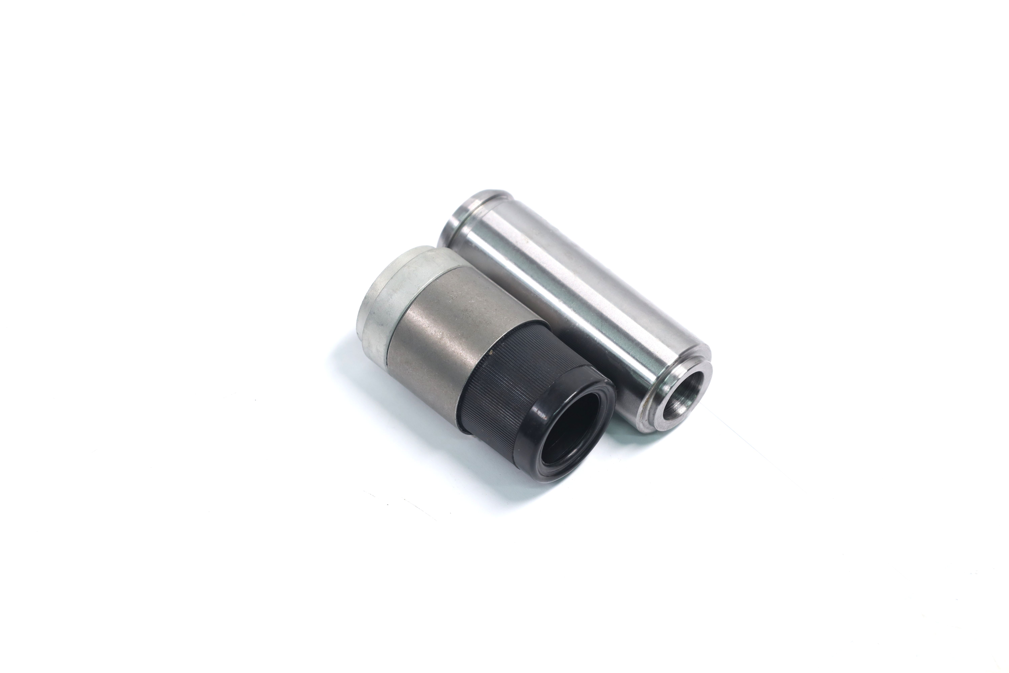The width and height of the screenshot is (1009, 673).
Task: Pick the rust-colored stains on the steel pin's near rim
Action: click(x=644, y=425)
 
